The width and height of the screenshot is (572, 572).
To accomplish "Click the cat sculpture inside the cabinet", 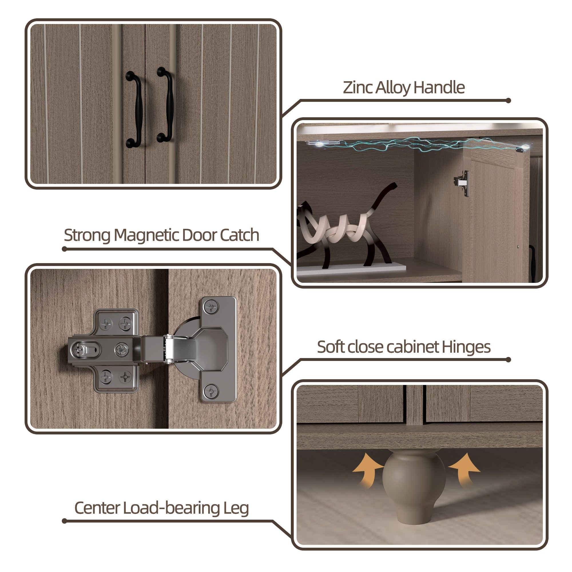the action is coord(346,228).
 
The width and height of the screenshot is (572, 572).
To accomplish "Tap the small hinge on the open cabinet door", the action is coord(462,183).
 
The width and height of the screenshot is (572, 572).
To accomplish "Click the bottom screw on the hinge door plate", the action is coord(211,390).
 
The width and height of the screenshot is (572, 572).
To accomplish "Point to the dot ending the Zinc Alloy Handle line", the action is coord(508,101).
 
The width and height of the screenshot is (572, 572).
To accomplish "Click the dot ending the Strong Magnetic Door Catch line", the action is coord(65,249).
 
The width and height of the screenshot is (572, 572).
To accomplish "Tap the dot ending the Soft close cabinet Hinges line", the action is coord(508,360).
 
